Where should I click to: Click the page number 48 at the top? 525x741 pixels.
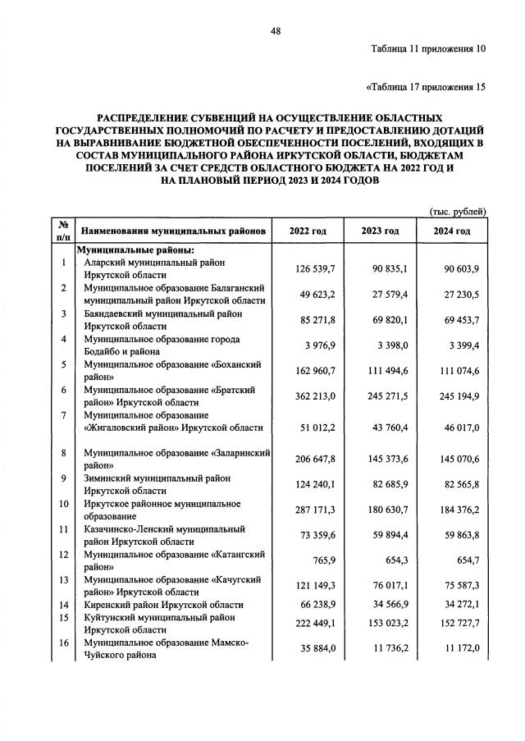coord(276,31)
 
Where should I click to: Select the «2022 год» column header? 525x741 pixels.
coord(308,231)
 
